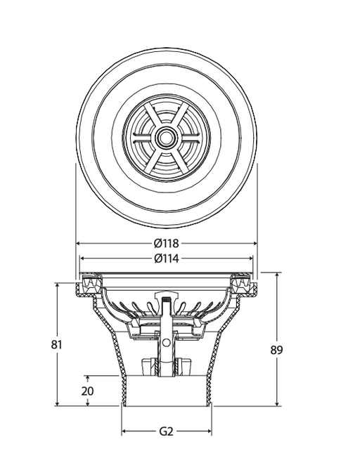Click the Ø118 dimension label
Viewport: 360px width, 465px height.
(x=167, y=244)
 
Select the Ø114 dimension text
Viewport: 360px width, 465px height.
(x=167, y=258)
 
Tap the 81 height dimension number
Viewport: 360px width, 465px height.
(x=57, y=345)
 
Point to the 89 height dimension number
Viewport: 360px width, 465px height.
(x=276, y=351)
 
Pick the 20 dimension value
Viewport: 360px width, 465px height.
(x=88, y=391)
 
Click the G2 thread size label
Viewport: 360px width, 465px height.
(x=166, y=431)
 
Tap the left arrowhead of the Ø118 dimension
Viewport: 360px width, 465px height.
(x=79, y=244)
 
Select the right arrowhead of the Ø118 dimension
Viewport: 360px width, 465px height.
(x=255, y=244)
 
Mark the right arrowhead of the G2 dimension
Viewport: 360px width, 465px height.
(x=209, y=431)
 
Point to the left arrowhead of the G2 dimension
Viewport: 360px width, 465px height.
(x=124, y=431)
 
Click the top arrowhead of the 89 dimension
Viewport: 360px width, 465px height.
(x=277, y=275)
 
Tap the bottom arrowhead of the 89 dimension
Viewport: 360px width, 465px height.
(x=277, y=403)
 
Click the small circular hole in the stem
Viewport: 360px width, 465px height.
(x=167, y=343)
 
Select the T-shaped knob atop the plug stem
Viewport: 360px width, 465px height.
(x=166, y=296)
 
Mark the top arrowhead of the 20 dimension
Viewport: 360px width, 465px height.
(x=88, y=379)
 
